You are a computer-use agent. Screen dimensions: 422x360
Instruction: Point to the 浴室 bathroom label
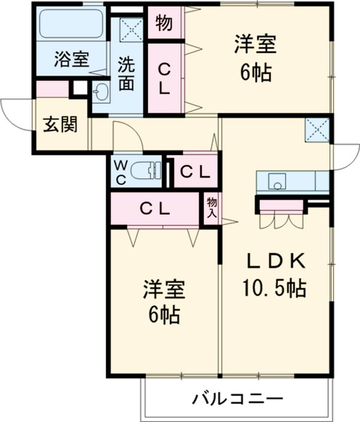click(x=71, y=60)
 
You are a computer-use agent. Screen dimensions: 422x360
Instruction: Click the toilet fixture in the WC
click(x=147, y=171)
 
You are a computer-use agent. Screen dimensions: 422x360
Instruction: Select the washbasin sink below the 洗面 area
click(x=100, y=93)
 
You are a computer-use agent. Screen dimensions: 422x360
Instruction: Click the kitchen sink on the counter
click(x=277, y=180)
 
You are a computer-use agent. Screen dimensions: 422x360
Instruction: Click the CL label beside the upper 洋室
click(x=164, y=77)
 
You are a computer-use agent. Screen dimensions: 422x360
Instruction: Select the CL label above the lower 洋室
click(x=155, y=209)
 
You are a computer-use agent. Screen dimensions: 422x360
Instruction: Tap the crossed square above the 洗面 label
click(x=130, y=27)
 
